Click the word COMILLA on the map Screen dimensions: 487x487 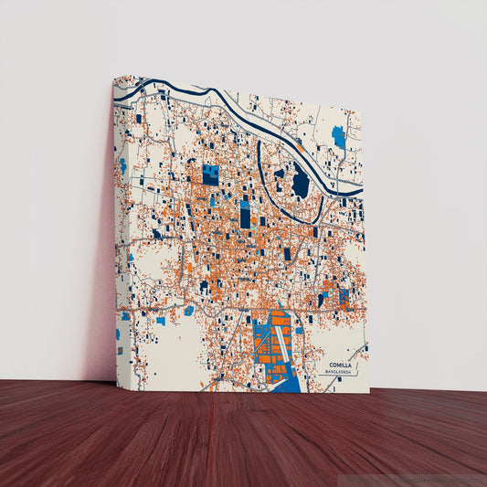tap(340, 365)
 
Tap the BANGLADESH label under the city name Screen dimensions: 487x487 tap(340, 373)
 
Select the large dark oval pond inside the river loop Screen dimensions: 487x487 tap(300, 184)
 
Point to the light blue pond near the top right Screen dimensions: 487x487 tap(339, 137)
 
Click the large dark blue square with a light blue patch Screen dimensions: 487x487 tap(210, 175)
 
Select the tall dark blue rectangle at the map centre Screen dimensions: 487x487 tap(245, 215)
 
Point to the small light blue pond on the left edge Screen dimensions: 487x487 tap(122, 165)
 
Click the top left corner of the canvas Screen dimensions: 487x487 tap(115, 77)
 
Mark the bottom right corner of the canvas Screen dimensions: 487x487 tap(368, 393)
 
